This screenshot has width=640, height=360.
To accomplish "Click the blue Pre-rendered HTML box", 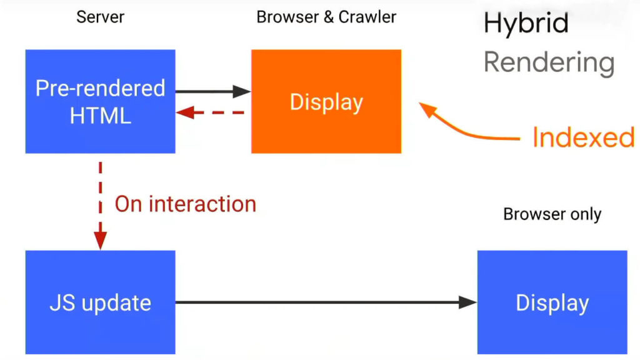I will (100, 101).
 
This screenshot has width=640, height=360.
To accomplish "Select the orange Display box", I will (326, 101).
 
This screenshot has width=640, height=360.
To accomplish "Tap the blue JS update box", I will (100, 302).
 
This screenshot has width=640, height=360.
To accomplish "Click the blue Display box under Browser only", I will (552, 302).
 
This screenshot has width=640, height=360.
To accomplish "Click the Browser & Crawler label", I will (326, 17).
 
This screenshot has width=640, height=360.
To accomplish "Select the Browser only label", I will (552, 214).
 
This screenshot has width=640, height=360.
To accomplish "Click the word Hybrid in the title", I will (526, 24).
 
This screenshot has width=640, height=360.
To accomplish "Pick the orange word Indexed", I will (583, 137).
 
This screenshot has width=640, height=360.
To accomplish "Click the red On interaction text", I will (186, 204).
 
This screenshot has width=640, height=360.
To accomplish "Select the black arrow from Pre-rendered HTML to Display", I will (212, 91).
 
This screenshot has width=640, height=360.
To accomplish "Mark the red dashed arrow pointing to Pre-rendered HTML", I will (210, 113).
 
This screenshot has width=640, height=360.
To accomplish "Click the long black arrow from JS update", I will (325, 302).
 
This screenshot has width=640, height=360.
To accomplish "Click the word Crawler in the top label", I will (367, 17).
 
